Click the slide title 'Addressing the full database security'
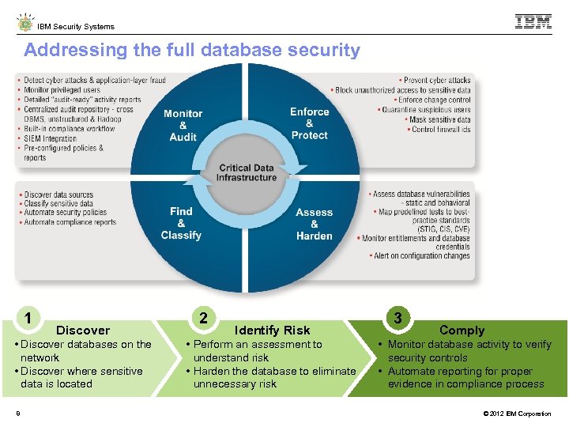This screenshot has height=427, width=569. (192, 51)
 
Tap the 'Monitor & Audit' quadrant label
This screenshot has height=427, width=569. (183, 125)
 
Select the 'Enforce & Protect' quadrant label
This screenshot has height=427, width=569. (309, 123)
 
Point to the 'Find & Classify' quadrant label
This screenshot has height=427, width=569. (181, 223)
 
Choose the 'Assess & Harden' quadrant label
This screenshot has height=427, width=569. (315, 224)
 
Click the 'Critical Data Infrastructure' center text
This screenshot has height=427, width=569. (247, 172)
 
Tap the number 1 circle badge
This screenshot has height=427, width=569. (28, 319)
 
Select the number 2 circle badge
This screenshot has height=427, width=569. (204, 318)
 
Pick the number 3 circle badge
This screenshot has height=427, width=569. (398, 318)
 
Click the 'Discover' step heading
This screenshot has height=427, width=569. (83, 331)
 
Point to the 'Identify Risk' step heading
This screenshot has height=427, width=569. (272, 331)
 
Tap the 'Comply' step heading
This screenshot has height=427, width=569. (462, 331)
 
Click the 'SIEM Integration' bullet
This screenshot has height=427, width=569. (51, 138)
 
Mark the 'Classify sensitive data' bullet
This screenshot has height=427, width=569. (58, 204)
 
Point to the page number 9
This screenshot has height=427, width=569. (17, 413)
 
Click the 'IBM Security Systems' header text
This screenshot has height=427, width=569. (76, 26)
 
